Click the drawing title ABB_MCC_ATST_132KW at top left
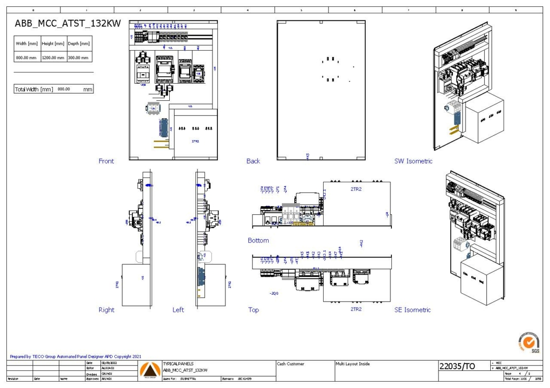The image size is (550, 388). click(67, 23)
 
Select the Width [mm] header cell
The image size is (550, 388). click(27, 44)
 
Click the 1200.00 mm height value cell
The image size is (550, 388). click(53, 57)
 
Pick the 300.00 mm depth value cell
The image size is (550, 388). click(78, 57)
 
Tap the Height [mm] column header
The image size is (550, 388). click(53, 44)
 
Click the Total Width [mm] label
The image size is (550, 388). click(34, 89)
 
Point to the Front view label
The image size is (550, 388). click(106, 161)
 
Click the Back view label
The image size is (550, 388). click(253, 161)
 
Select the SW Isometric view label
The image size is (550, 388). click(413, 161)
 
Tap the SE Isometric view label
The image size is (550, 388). click(412, 310)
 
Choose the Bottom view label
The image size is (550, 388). click(258, 240)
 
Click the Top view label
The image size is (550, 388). click(254, 310)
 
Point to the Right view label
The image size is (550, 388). click(106, 310)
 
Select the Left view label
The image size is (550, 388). click(178, 310)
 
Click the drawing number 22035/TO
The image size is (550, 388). click(457, 367)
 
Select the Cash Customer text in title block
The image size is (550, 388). click(291, 364)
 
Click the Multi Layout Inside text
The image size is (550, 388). click(352, 364)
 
